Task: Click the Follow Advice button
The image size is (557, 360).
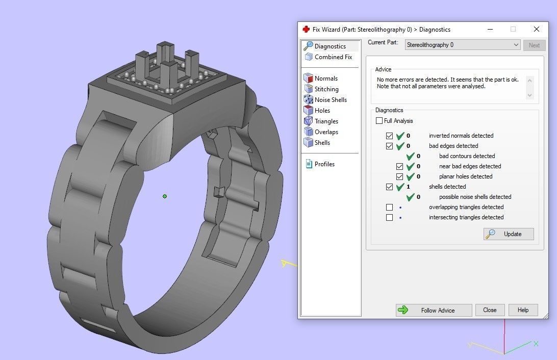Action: tap(433, 310)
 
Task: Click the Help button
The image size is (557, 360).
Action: tap(523, 310)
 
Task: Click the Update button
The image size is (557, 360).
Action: tap(509, 234)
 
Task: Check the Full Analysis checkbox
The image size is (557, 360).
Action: tap(379, 121)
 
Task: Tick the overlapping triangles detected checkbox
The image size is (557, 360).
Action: tap(390, 207)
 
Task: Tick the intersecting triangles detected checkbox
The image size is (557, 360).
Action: tap(390, 217)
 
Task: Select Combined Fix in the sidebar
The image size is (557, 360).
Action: tap(333, 57)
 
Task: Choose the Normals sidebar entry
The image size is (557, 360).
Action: tap(325, 79)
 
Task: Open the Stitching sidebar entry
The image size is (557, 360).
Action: tap(326, 89)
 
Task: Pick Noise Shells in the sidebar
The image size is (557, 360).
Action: tap(330, 100)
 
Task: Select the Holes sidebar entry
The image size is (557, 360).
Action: tap(322, 111)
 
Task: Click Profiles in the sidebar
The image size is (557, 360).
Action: tap(324, 164)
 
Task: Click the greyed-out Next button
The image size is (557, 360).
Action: tap(534, 45)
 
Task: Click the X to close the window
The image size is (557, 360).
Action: tap(536, 29)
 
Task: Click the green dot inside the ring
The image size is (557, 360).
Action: tap(165, 196)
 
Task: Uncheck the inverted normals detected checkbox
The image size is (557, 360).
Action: tap(390, 136)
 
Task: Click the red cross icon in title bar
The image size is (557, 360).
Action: tap(306, 29)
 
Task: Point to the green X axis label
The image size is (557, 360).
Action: tap(536, 344)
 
